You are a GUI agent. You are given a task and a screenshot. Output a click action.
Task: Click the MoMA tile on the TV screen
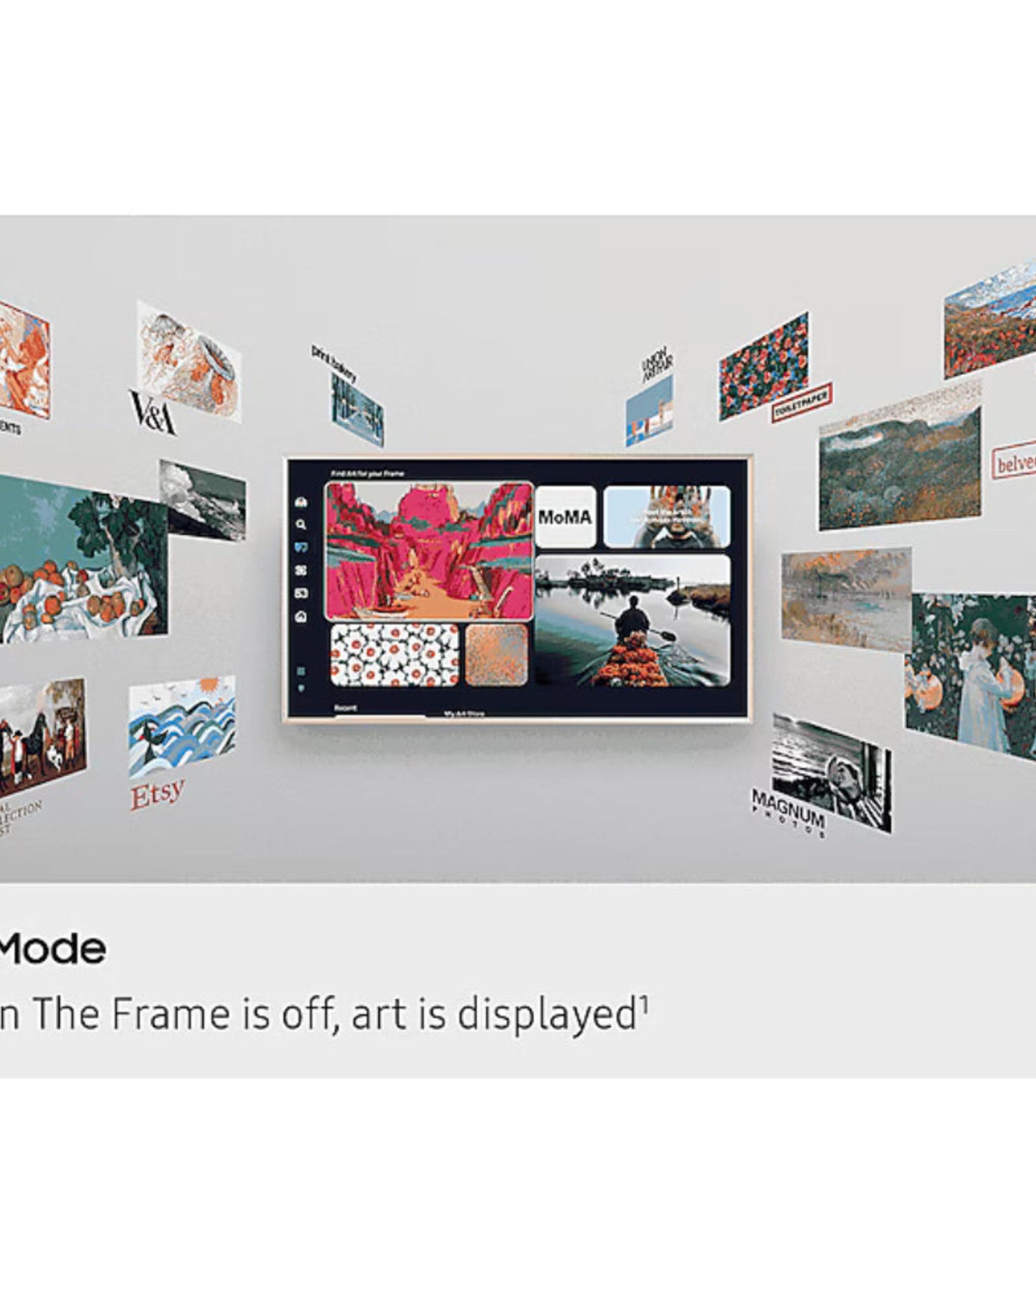(x=565, y=517)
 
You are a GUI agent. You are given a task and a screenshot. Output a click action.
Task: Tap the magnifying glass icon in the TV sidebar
(x=301, y=524)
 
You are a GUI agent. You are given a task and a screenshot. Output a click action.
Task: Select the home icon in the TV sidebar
(x=301, y=616)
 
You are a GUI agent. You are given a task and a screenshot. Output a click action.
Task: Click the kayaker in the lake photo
(x=632, y=618)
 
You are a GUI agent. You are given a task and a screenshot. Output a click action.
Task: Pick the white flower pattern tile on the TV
(x=394, y=655)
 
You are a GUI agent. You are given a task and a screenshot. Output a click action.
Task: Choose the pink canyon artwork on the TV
(x=429, y=551)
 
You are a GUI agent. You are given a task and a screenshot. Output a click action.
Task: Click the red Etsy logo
(x=157, y=793)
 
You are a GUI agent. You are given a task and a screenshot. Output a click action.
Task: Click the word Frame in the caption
(x=171, y=1014)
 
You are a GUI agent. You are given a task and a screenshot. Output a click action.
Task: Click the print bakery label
(x=333, y=362)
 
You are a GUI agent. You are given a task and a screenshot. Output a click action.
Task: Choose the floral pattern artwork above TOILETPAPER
(x=764, y=366)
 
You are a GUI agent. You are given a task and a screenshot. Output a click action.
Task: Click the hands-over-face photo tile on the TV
(x=667, y=517)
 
